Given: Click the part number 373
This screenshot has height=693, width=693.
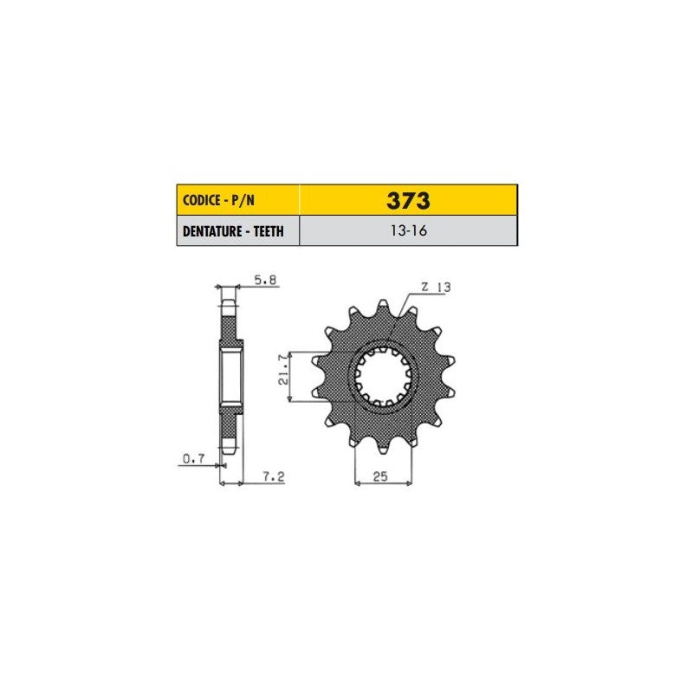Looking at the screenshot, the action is (x=408, y=201).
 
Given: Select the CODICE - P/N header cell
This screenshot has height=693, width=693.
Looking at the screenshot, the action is (x=237, y=200).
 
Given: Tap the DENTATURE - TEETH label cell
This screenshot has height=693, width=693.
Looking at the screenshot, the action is (x=237, y=230).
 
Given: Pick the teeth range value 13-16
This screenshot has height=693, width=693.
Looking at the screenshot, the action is (x=408, y=230).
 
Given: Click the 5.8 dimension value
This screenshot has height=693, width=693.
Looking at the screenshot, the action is (x=265, y=280).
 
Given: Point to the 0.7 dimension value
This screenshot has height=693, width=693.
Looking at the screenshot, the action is (x=193, y=459).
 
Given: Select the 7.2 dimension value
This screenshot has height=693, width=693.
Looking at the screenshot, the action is (x=274, y=477).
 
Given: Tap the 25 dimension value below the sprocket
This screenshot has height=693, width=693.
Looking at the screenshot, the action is (x=380, y=476).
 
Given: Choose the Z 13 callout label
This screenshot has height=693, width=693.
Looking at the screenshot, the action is (x=436, y=288).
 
